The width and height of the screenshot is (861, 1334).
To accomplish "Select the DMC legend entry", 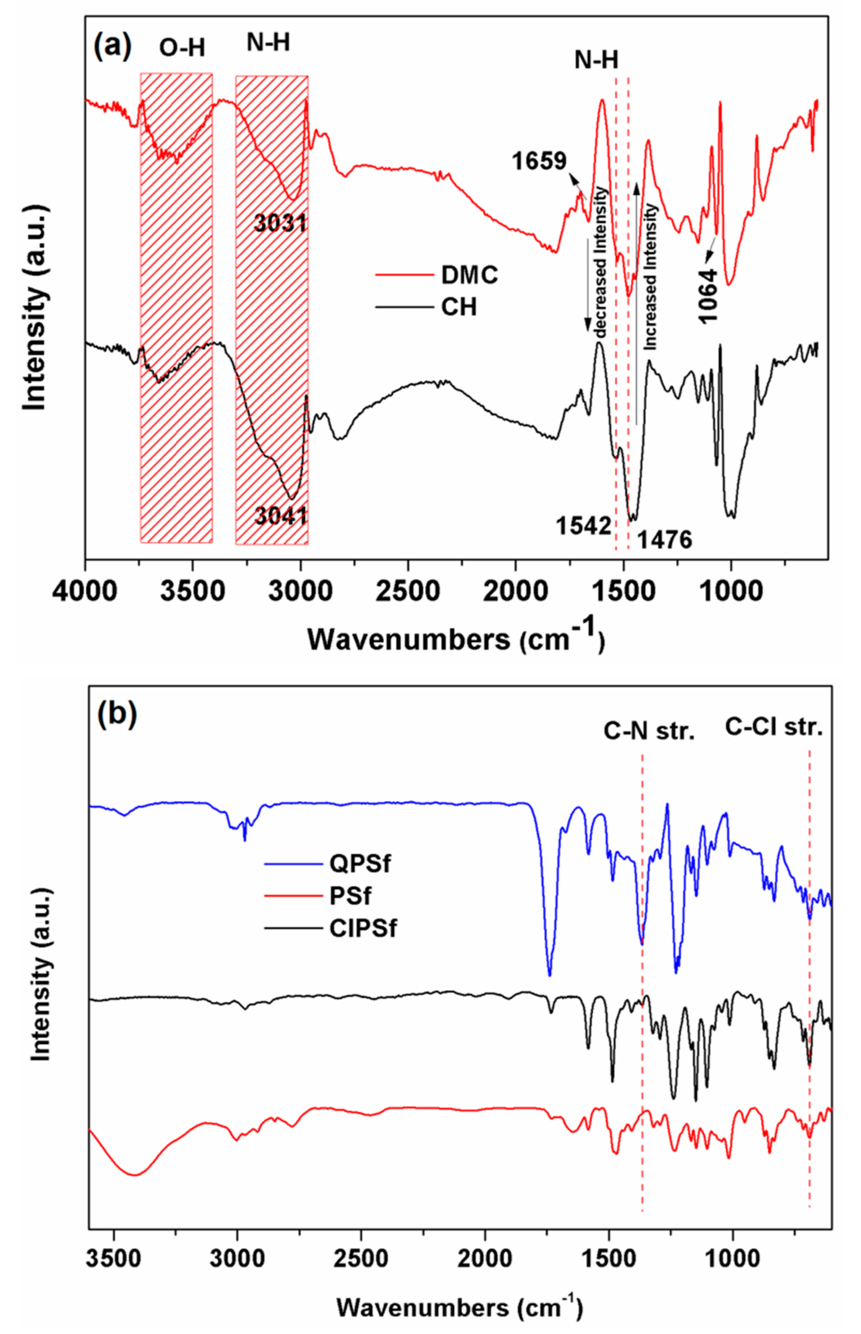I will (468, 275).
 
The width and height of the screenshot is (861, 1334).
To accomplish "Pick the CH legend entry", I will (458, 307).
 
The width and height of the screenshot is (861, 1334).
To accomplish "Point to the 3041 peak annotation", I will (281, 516).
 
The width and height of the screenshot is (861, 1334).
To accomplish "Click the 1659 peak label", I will (539, 162).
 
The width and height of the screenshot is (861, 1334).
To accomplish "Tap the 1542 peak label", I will (583, 526).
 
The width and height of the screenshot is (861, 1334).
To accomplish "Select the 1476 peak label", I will (665, 540).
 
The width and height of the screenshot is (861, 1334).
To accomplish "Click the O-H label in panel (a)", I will (182, 48).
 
